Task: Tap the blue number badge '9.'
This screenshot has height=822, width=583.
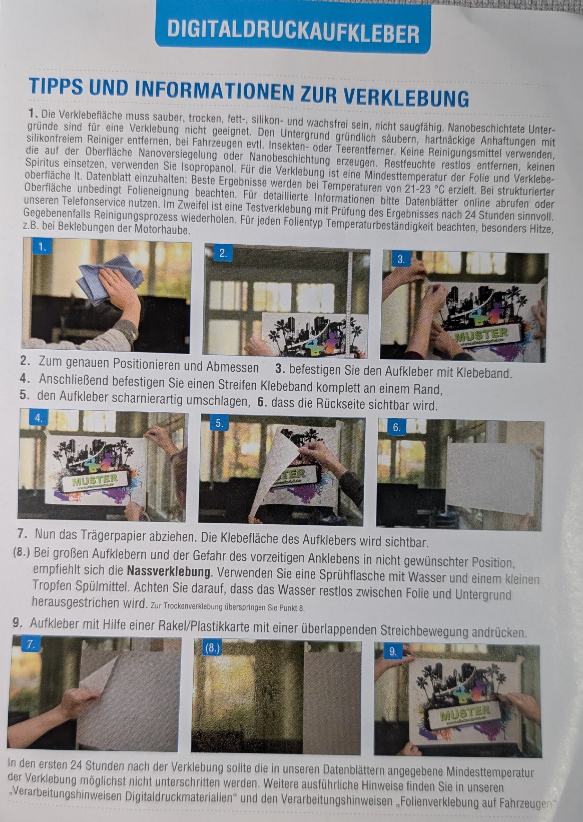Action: click(393, 652)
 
